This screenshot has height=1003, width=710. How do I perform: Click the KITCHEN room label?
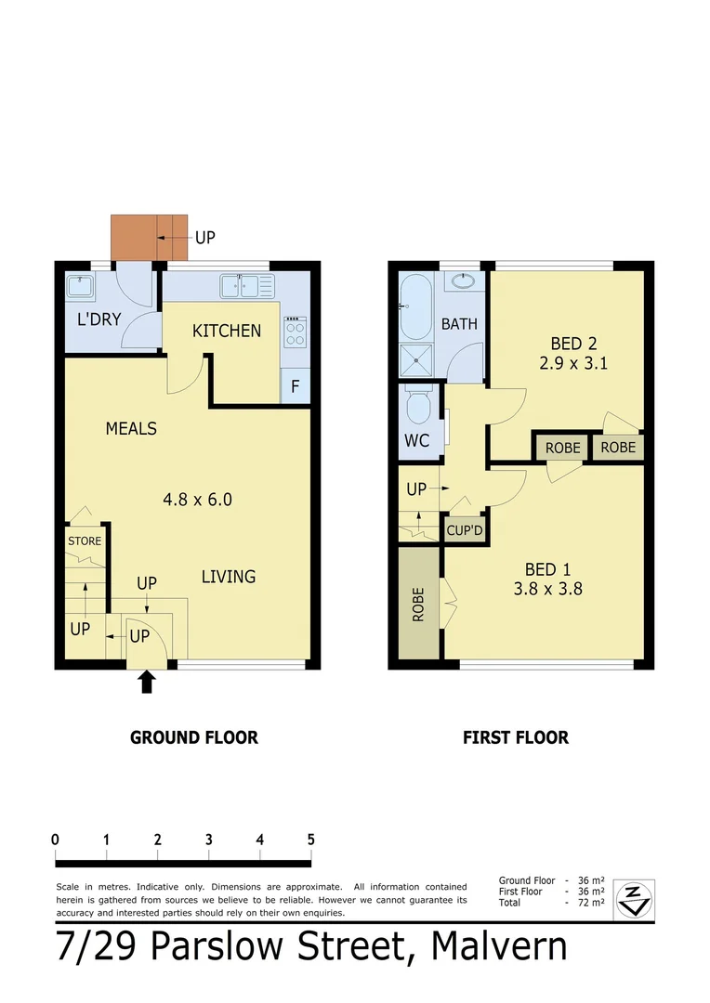227,331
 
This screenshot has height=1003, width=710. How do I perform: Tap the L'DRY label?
99,320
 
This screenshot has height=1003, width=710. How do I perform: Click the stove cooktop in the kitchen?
295,332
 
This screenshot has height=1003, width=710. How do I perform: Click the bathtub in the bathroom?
415,306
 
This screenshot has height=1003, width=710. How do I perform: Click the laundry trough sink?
81,285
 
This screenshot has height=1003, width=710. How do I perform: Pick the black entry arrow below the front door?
147,683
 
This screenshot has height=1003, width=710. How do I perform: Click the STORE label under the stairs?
85,541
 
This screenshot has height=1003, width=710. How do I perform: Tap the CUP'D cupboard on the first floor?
465,531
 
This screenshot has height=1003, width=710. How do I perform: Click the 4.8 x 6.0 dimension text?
197,499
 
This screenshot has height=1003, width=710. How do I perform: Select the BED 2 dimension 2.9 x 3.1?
573,363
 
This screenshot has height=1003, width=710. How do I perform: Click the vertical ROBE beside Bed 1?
419,604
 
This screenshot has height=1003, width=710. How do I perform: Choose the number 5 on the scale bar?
310,839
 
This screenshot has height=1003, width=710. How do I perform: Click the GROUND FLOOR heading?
193,737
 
